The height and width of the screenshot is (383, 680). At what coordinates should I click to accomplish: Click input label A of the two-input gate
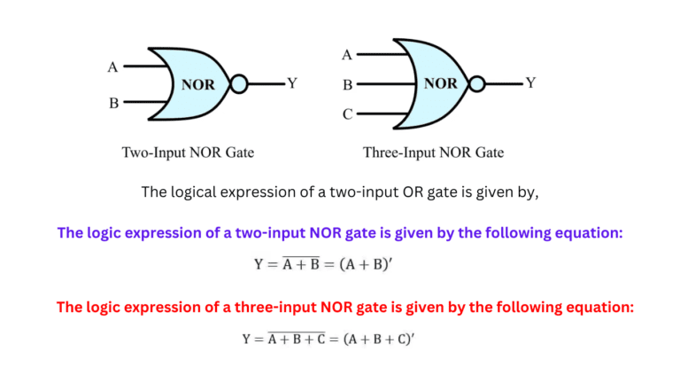pyautogui.click(x=112, y=66)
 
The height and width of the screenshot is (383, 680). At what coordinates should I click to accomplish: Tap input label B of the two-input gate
pyautogui.click(x=113, y=103)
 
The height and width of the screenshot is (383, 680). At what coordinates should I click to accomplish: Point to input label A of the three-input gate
pyautogui.click(x=347, y=56)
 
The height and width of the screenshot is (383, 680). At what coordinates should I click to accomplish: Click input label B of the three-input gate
pyautogui.click(x=348, y=85)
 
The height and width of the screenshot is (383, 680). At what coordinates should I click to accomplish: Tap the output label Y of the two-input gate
pyautogui.click(x=292, y=83)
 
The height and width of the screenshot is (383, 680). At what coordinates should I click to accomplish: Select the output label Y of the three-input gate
pyautogui.click(x=530, y=83)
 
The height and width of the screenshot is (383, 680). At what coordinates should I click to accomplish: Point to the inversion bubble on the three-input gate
pyautogui.click(x=476, y=84)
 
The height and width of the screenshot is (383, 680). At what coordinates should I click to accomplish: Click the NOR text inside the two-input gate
pyautogui.click(x=198, y=85)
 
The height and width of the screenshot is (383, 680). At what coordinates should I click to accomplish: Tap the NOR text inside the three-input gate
pyautogui.click(x=440, y=83)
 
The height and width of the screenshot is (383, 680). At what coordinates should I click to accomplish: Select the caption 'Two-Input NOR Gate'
pyautogui.click(x=188, y=152)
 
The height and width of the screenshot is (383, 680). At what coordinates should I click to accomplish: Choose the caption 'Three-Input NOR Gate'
pyautogui.click(x=434, y=152)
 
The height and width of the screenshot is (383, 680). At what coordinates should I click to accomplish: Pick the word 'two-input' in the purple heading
pyautogui.click(x=263, y=233)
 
